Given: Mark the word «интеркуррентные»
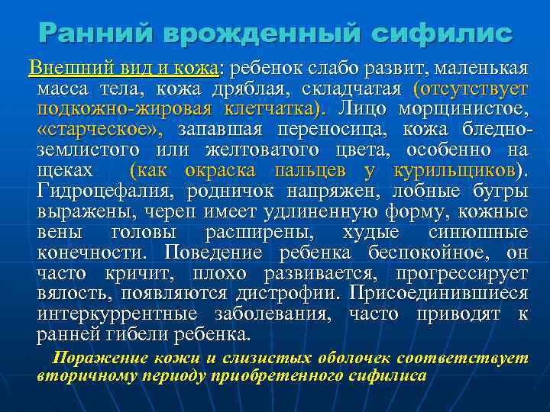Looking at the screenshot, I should (x=119, y=314).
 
